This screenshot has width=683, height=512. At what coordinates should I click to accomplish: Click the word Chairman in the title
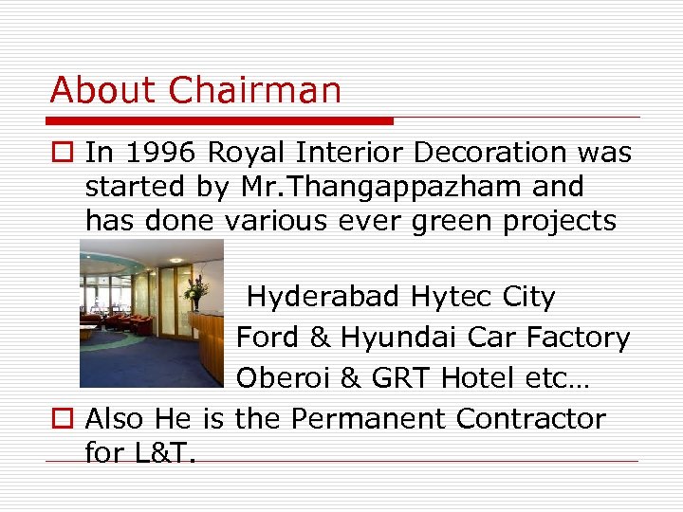(254, 90)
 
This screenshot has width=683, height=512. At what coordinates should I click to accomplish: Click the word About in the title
(104, 90)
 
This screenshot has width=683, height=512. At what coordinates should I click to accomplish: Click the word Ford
(268, 338)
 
